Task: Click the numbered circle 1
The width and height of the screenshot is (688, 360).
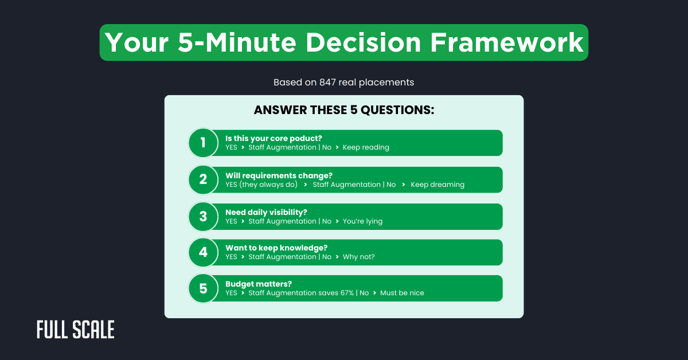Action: click(x=203, y=143)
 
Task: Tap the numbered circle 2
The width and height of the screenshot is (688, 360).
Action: click(x=203, y=179)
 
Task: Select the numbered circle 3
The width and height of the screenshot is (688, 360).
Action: click(x=203, y=216)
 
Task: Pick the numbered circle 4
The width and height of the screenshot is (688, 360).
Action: click(x=203, y=252)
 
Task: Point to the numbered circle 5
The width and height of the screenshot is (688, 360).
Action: click(x=203, y=288)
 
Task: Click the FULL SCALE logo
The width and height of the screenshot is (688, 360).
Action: click(x=76, y=330)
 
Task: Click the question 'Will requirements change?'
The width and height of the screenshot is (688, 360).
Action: click(x=279, y=175)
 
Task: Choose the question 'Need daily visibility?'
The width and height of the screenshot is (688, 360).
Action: click(x=266, y=212)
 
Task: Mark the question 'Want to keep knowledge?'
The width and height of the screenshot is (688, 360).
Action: click(x=276, y=248)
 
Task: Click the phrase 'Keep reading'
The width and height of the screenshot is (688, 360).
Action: click(x=366, y=147)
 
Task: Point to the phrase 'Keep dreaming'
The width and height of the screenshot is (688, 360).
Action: click(x=437, y=185)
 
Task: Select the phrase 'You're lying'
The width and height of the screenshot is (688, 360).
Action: click(x=362, y=221)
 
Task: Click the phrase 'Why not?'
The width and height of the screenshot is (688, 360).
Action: click(x=358, y=257)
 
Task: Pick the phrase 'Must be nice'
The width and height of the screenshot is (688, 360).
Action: click(x=402, y=293)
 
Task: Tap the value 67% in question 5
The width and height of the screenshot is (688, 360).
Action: click(x=344, y=293)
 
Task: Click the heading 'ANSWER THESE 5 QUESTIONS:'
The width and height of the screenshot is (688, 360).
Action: click(x=344, y=110)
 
